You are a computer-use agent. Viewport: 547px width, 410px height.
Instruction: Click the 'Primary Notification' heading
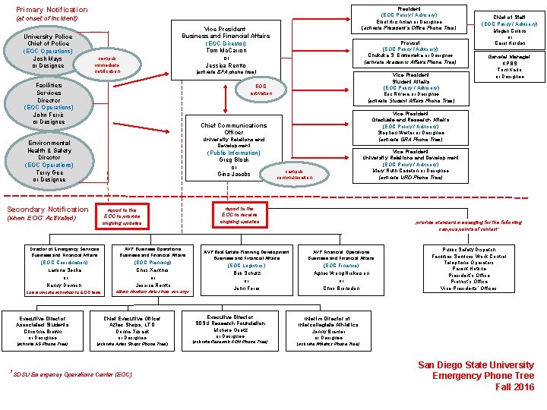(52, 10)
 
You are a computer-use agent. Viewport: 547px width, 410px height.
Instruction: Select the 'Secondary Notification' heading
(47, 210)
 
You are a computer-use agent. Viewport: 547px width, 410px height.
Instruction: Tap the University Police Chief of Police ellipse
(48, 51)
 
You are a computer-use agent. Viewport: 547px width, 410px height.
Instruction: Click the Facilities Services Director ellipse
(49, 103)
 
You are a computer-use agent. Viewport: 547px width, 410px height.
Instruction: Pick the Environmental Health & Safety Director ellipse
(49, 161)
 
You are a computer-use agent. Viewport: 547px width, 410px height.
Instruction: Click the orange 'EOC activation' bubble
(261, 90)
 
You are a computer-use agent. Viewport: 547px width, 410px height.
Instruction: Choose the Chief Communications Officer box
(233, 150)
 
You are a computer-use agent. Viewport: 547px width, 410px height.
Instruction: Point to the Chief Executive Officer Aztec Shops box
(132, 331)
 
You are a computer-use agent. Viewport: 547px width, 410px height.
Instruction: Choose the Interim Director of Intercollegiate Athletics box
(327, 331)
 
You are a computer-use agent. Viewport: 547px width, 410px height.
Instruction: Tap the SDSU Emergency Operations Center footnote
(73, 374)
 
